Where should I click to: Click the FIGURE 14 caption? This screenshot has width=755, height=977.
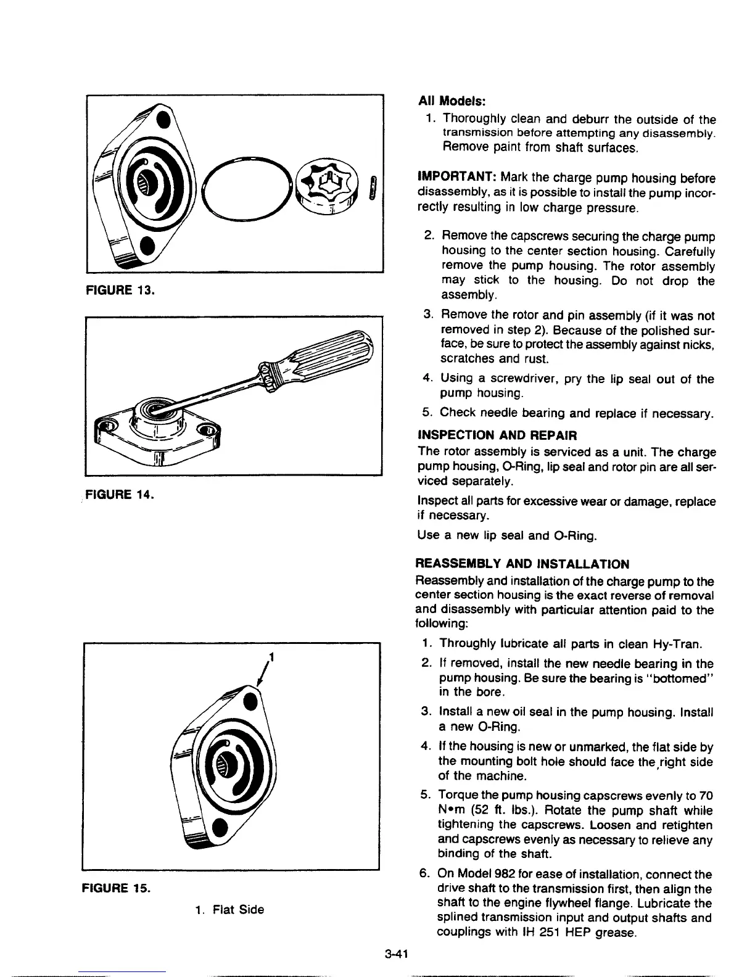[x=121, y=494]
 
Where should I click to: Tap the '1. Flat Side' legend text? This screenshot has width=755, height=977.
[x=229, y=909]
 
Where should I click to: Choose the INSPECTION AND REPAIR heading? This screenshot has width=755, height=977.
[x=497, y=435]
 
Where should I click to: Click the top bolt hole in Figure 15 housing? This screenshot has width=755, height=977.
[x=251, y=702]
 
